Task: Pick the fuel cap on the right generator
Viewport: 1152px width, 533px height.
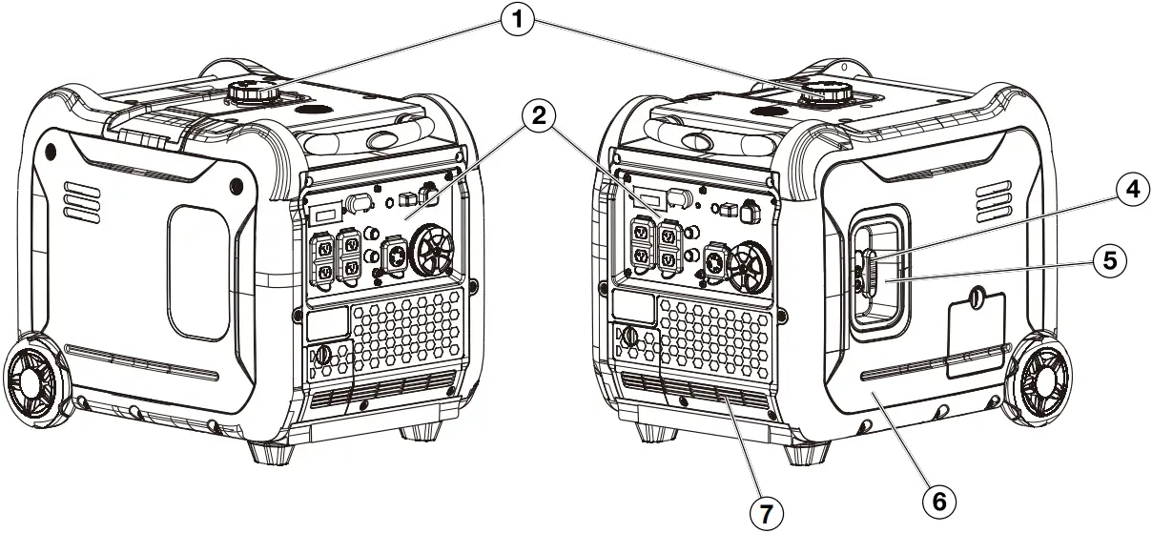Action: [826, 93]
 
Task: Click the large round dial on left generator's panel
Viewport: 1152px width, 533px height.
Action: [435, 254]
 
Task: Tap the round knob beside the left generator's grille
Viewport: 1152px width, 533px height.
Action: [321, 356]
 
